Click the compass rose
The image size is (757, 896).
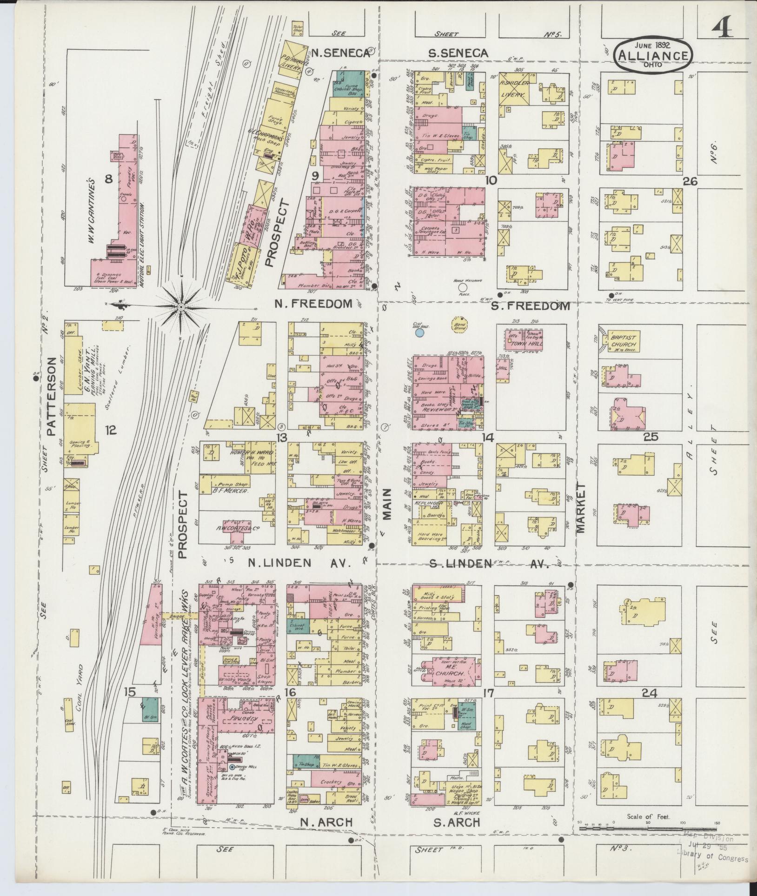[181, 307]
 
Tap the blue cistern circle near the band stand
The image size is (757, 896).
[419, 332]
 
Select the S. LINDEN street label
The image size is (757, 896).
[460, 564]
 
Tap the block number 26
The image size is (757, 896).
[690, 181]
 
